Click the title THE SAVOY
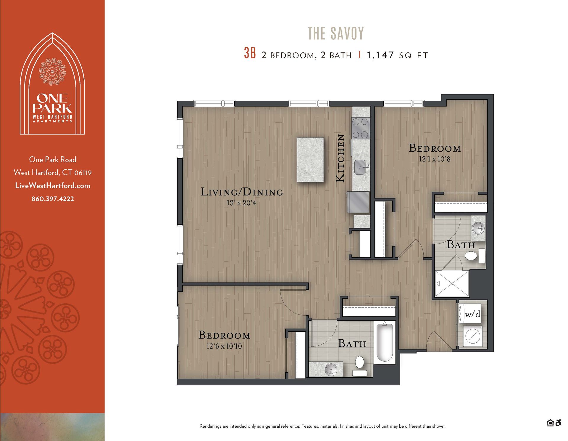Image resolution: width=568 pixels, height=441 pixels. pyautogui.click(x=335, y=33)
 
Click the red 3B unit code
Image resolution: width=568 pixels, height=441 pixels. pyautogui.click(x=250, y=54)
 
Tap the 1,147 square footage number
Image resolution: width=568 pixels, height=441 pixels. pyautogui.click(x=380, y=55)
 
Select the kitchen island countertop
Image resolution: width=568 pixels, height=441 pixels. pyautogui.click(x=310, y=160)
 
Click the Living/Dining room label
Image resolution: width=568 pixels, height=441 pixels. pyautogui.click(x=242, y=192)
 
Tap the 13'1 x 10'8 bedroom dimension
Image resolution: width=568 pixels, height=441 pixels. pyautogui.click(x=434, y=159)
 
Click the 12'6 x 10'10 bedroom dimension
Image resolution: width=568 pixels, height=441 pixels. pyautogui.click(x=224, y=346)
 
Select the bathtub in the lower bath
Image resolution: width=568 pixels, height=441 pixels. pyautogui.click(x=384, y=342)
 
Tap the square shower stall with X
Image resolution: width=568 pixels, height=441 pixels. pyautogui.click(x=452, y=283)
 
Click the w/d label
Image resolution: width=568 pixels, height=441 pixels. pyautogui.click(x=472, y=314)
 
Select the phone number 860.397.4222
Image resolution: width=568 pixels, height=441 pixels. pyautogui.click(x=53, y=199)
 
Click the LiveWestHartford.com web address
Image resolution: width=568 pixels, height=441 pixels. pyautogui.click(x=53, y=186)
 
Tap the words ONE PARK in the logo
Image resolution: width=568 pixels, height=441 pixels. pyautogui.click(x=52, y=103)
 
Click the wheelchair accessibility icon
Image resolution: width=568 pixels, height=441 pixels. pyautogui.click(x=558, y=423)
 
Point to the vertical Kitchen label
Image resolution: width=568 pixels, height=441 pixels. pyautogui.click(x=340, y=158)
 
